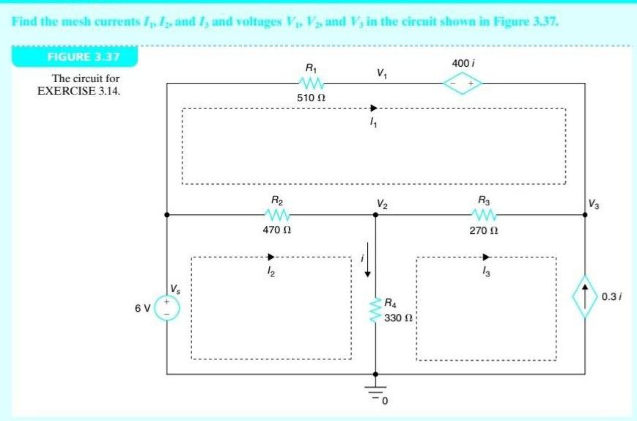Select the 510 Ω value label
[x=311, y=97]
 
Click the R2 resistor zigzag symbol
[x=279, y=214]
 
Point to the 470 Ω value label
[x=279, y=230]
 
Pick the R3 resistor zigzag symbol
[x=485, y=214]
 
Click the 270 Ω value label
[x=485, y=230]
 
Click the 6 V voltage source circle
[x=167, y=307]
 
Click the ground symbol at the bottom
[x=375, y=392]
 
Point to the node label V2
[x=383, y=203]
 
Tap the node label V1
[x=381, y=73]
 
